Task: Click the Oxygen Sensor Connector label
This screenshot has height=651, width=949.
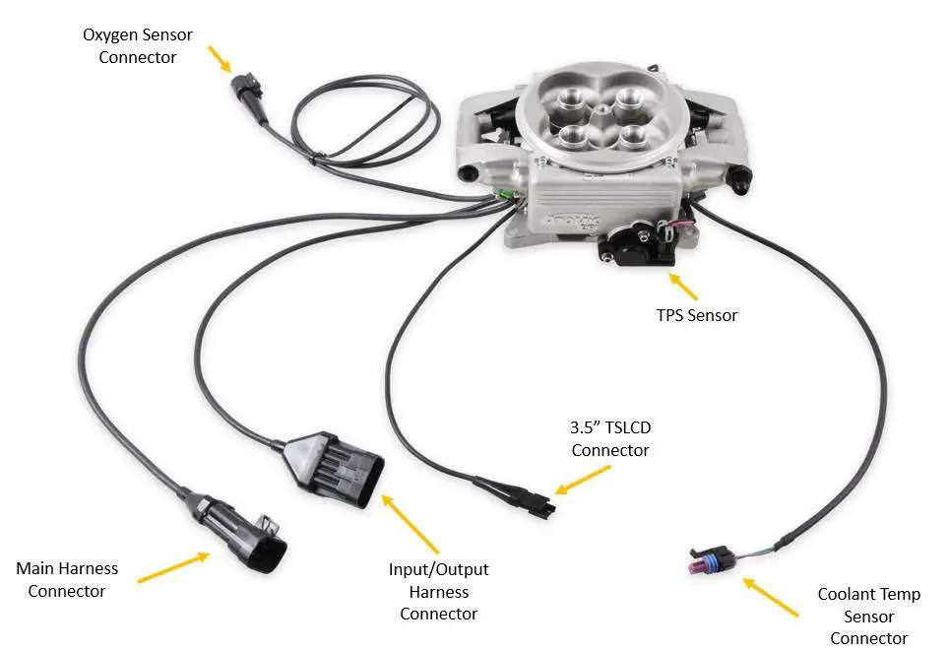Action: [138, 46]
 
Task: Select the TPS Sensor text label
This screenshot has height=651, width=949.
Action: [697, 315]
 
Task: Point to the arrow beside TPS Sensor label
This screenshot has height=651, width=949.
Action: [684, 287]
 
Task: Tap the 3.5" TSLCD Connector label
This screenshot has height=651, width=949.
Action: [610, 438]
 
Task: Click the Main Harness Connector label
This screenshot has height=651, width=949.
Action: [67, 580]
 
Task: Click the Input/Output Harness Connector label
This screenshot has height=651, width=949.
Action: [438, 591]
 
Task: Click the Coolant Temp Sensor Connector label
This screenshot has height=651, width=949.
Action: [868, 617]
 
